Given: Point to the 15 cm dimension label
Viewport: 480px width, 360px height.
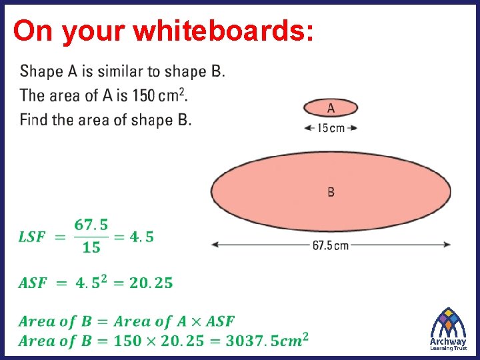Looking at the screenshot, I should tap(331, 128).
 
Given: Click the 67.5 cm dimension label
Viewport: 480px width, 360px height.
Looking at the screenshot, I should tap(331, 245).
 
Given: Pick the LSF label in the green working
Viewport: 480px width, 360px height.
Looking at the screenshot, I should tap(32, 237).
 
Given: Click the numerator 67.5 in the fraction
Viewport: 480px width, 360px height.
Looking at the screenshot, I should tap(92, 225).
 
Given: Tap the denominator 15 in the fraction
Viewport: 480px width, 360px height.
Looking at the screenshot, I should tap(92, 248).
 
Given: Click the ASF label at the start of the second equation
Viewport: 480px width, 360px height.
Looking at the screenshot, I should tap(33, 283).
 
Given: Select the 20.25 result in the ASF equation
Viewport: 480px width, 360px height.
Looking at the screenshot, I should tap(151, 283).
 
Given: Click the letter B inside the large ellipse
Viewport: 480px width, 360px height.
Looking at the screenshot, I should tap(331, 192).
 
